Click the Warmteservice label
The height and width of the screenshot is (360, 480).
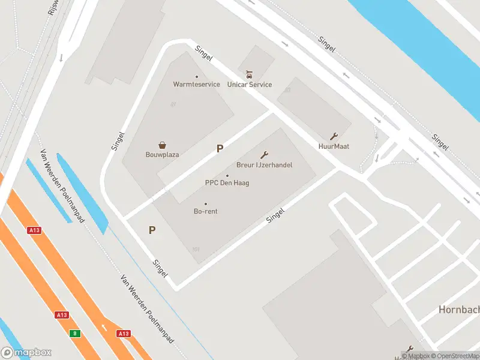196,85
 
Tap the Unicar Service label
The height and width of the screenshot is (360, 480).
250,85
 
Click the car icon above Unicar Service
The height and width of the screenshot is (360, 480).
250,75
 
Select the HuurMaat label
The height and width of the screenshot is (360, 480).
334,146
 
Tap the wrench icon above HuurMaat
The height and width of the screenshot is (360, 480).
334,136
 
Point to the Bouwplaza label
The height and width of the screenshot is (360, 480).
163,154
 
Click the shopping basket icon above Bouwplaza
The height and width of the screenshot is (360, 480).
163,145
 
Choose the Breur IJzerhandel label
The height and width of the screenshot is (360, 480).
264,164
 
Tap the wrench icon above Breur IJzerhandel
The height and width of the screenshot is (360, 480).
263,155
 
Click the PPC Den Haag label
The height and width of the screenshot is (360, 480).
227,183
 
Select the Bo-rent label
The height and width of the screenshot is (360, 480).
205,211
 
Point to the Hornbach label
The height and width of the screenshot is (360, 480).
458,310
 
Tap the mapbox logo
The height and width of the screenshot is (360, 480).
26,353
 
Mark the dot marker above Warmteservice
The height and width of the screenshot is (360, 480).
196,77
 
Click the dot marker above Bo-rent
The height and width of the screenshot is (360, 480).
205,204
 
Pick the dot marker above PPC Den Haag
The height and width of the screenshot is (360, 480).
227,176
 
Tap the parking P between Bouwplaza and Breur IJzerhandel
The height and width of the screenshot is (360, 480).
220,149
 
